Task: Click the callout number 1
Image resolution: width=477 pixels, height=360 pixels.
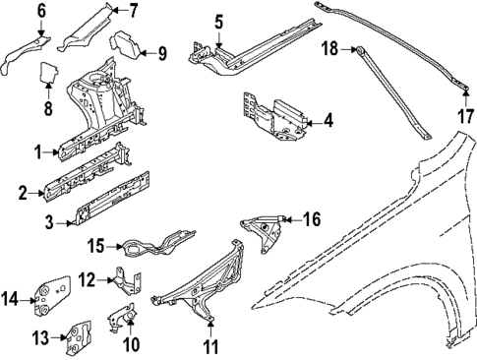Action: pos(37,152)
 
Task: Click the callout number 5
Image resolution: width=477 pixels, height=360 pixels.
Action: pos(219,20)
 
